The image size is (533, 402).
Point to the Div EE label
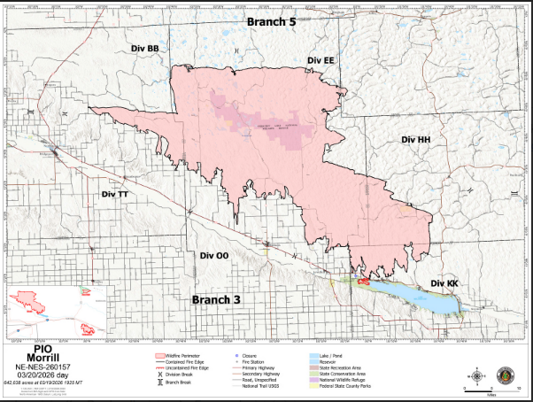[x=321, y=60]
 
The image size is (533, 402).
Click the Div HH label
[x=415, y=140]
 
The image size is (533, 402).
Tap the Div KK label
[x=444, y=282]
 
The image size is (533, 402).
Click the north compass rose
[x=478, y=376]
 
